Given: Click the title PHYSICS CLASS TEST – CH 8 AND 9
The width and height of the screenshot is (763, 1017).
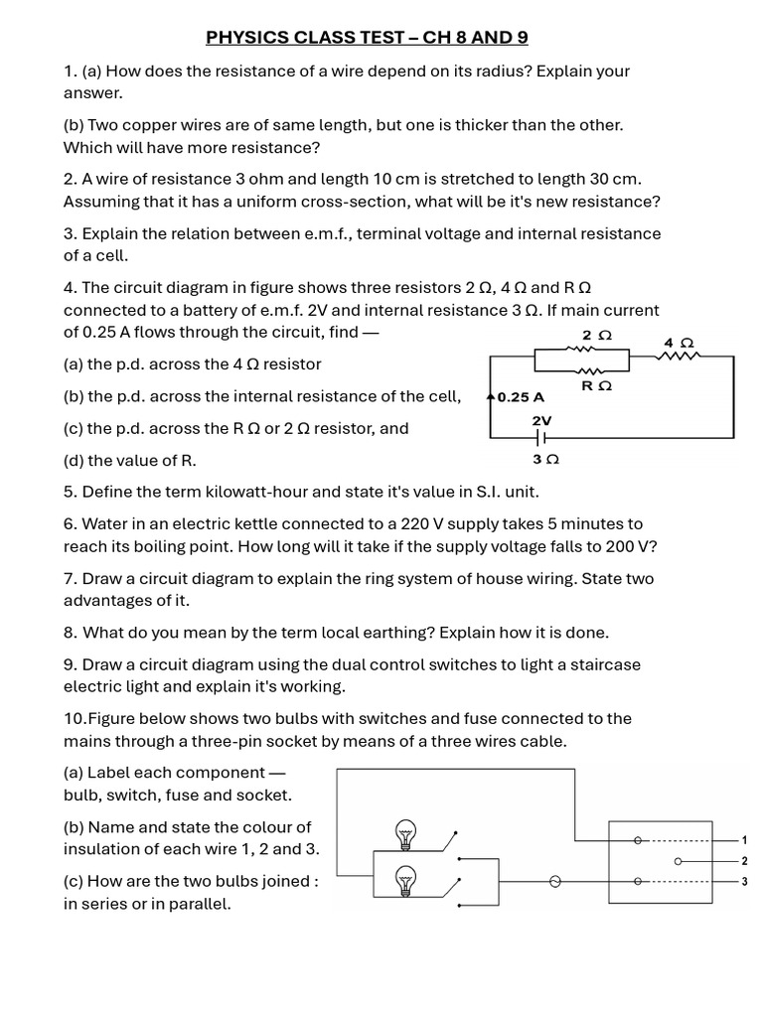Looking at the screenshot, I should point(367,38).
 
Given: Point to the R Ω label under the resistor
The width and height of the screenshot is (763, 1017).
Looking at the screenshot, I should point(596,385).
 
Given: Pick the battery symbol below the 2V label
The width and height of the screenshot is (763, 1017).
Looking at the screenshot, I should point(542,437).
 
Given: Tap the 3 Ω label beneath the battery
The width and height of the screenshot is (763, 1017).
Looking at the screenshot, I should point(546,460).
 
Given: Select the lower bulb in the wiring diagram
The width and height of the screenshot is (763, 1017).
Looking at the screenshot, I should point(404,880).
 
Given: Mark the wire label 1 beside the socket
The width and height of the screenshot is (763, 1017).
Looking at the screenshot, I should point(744,840).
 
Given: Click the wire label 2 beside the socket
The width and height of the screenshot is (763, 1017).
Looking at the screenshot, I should point(744,860).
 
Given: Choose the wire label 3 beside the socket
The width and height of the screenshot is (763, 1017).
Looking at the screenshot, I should point(744,881).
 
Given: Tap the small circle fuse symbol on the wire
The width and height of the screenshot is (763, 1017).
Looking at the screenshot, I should point(555,881).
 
